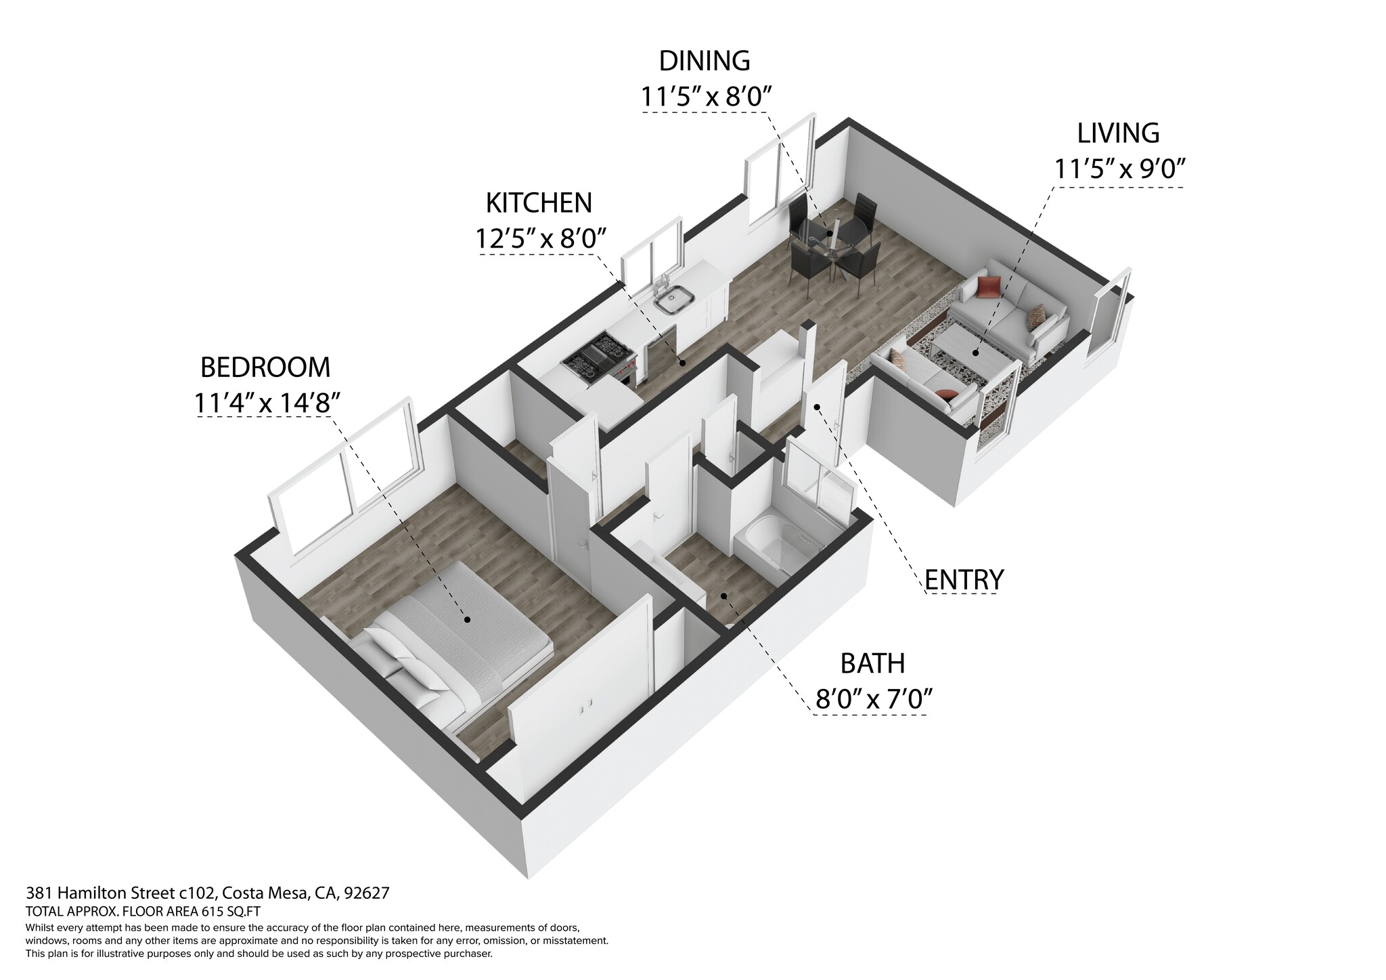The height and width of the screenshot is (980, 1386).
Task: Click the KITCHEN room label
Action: click(539, 202)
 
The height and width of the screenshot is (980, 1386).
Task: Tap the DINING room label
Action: click(705, 61)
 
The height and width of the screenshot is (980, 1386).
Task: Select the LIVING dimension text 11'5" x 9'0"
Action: click(1118, 169)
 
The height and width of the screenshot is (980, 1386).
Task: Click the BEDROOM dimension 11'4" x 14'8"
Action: click(265, 403)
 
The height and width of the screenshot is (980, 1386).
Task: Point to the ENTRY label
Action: click(964, 580)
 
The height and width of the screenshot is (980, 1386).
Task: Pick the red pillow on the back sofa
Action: click(989, 287)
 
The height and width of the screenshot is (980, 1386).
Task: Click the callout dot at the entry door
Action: click(817, 407)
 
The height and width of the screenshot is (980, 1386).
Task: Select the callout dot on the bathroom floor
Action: click(723, 596)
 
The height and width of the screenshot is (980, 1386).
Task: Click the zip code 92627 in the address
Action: click(366, 893)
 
